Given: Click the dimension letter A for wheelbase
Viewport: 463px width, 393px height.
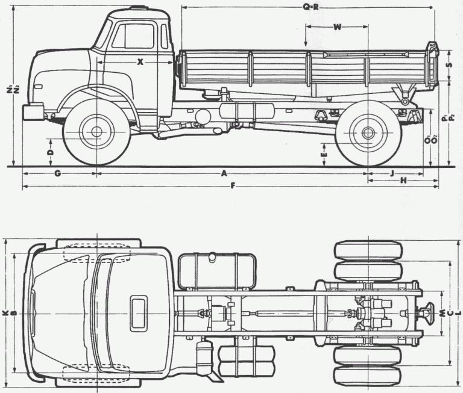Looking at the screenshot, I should pyautogui.click(x=224, y=173).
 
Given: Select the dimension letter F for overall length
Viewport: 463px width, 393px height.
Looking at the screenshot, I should pyautogui.click(x=233, y=184).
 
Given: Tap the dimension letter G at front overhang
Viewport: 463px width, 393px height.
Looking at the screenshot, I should pyautogui.click(x=58, y=173).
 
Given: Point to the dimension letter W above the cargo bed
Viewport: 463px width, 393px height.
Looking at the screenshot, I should pyautogui.click(x=336, y=27).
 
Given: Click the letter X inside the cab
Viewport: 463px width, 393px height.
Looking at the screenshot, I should pyautogui.click(x=140, y=61).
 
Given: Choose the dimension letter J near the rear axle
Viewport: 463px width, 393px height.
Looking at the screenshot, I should pyautogui.click(x=392, y=173).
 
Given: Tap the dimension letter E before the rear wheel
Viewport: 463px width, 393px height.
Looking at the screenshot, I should pyautogui.click(x=324, y=155).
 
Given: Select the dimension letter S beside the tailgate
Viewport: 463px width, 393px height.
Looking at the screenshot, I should pyautogui.click(x=449, y=66).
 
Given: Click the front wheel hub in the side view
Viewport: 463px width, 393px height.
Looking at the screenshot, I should pyautogui.click(x=96, y=132).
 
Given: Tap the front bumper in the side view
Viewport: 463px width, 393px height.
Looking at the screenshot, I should pyautogui.click(x=33, y=111).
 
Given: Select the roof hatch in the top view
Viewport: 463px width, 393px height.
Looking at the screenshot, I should pyautogui.click(x=139, y=312).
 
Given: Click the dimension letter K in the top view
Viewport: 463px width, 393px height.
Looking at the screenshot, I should pyautogui.click(x=5, y=313).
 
